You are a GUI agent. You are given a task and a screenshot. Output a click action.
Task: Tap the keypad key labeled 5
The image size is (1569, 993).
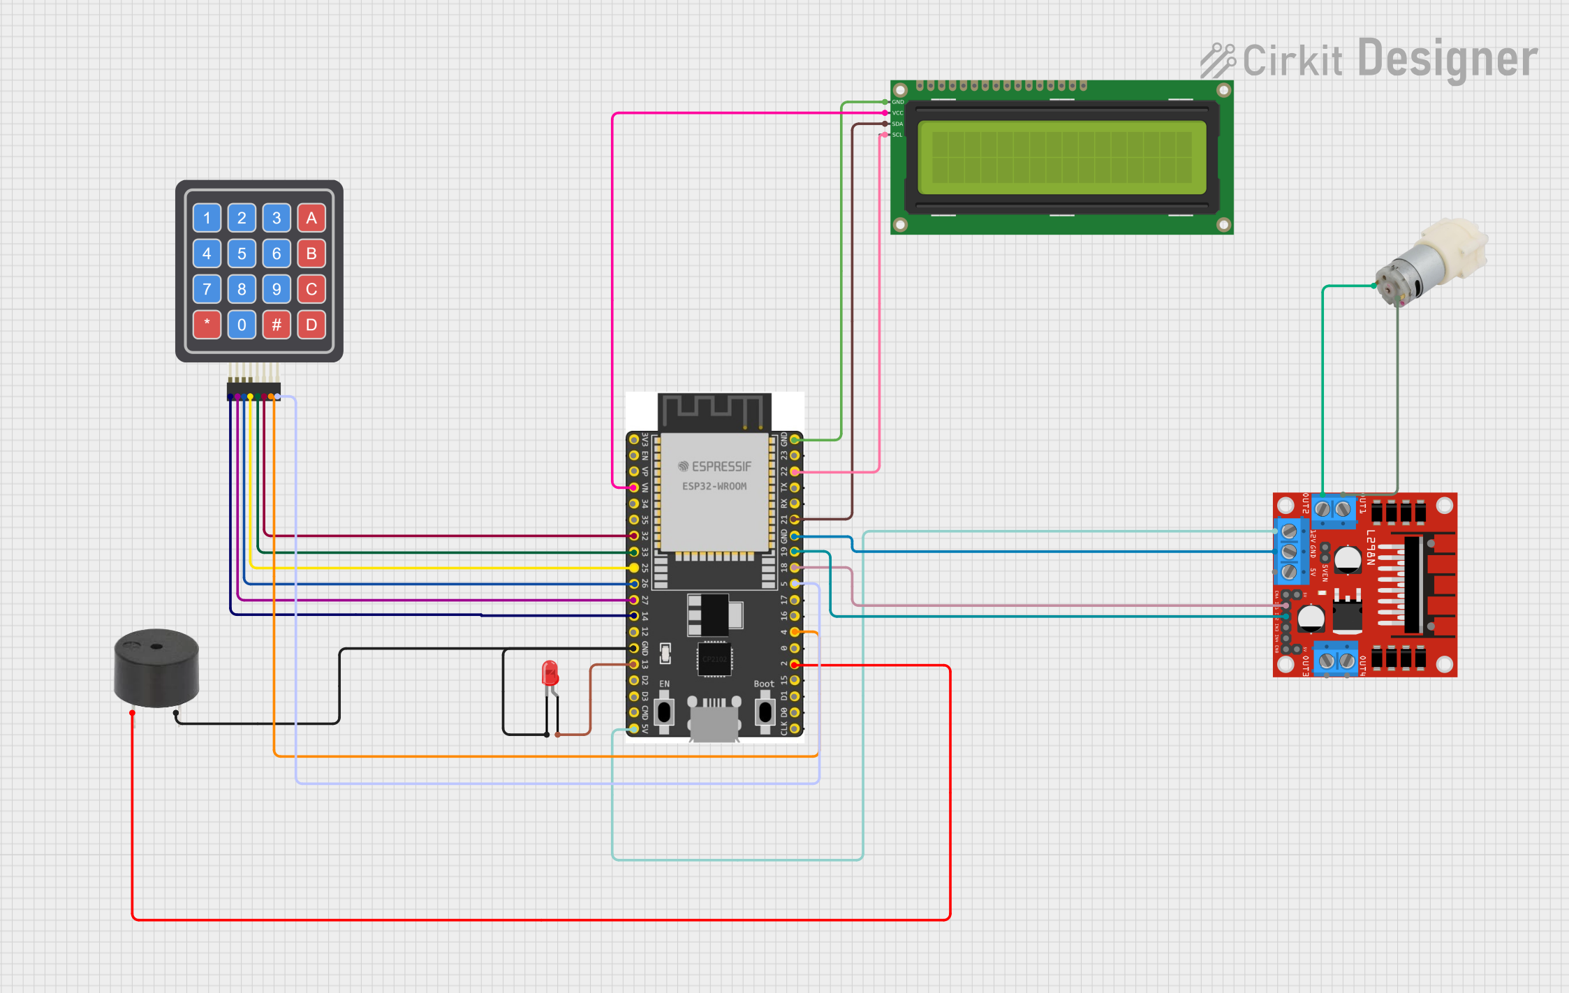(242, 253)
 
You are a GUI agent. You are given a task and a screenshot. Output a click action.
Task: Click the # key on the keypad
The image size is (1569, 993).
(277, 325)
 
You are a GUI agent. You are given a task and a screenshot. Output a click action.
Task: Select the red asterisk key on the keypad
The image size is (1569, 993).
(207, 325)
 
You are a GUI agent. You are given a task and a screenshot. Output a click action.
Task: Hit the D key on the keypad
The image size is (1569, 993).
(311, 325)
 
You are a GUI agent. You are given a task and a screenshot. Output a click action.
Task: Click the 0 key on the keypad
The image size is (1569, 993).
(242, 325)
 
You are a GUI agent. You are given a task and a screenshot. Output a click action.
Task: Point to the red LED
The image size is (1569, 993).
(550, 674)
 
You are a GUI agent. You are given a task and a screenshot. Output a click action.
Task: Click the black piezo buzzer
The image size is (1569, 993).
(156, 668)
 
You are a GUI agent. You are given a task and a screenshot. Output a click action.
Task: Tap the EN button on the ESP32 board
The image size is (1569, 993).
(664, 712)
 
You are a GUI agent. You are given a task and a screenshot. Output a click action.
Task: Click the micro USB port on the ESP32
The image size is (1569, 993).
(714, 723)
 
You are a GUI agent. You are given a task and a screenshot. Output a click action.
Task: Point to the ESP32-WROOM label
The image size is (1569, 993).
(714, 486)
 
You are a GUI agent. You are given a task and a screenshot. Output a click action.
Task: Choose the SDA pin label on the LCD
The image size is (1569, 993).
(897, 124)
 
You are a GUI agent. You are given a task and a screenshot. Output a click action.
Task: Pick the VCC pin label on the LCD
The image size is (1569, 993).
(897, 113)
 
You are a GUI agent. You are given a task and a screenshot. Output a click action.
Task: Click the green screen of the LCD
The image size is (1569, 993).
(1061, 157)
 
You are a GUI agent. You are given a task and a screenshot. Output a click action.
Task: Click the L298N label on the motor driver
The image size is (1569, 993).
(1370, 547)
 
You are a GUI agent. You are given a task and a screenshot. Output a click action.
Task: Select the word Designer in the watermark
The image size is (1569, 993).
(1448, 59)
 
